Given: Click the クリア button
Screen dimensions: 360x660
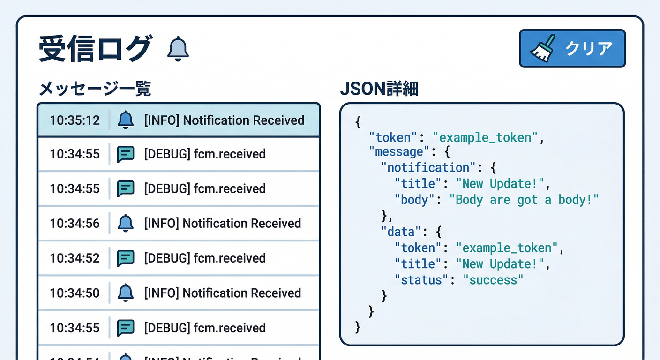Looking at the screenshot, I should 572,48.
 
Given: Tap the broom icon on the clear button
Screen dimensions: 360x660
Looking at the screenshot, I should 543,48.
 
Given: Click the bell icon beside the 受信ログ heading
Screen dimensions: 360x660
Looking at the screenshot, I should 178,49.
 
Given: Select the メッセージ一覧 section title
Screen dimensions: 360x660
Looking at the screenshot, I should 95,89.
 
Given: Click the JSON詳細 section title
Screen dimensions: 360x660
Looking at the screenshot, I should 379,89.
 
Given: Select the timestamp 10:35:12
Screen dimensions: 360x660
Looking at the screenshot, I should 75,120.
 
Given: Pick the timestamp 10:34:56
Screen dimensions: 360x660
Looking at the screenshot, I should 75,224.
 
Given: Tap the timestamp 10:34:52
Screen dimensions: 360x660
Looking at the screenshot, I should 75,258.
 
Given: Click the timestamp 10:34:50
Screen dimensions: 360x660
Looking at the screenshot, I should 75,293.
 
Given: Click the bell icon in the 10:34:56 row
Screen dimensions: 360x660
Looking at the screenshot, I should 125,223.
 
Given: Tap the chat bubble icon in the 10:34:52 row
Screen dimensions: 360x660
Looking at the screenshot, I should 126,258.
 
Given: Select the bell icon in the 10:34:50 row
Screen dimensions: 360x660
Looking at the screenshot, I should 125,293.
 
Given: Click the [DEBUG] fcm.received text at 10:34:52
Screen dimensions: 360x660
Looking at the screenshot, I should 205,258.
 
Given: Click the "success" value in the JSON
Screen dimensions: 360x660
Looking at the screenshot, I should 493,280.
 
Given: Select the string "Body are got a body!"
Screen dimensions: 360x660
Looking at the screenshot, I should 524,200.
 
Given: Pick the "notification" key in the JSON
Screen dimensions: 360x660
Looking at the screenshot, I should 425,168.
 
